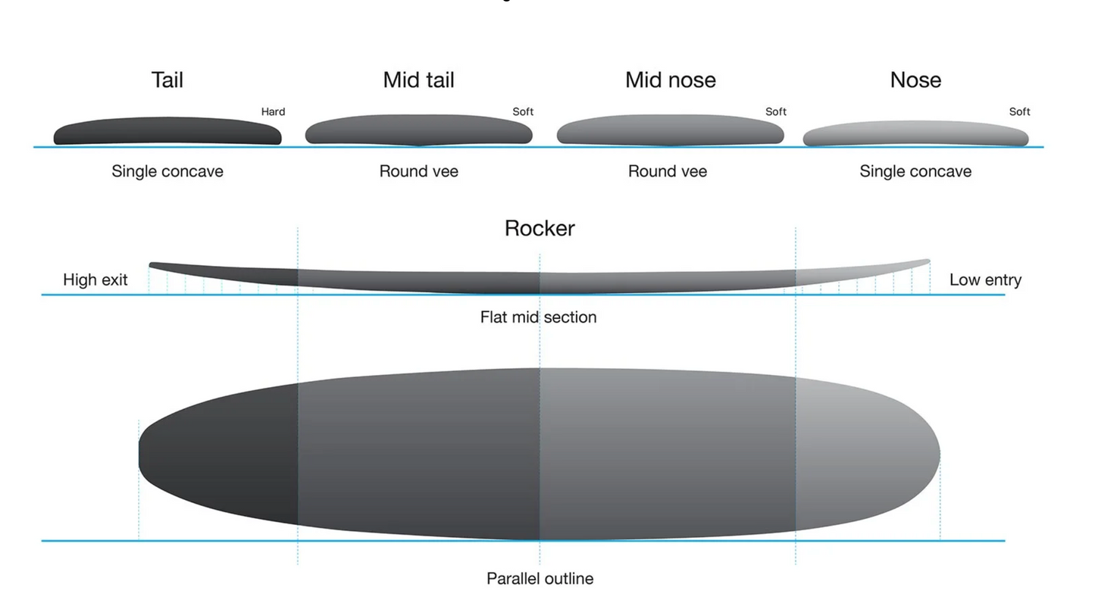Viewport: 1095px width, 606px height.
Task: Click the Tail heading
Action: click(x=167, y=80)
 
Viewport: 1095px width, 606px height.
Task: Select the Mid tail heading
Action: click(x=418, y=80)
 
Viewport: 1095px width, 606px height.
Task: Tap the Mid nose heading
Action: click(x=670, y=80)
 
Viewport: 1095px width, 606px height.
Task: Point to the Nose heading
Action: click(x=915, y=80)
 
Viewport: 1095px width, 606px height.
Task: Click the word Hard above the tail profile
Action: click(x=273, y=112)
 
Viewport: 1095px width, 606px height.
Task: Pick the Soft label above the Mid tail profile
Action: click(x=523, y=112)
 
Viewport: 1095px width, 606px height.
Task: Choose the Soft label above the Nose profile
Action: click(x=1019, y=112)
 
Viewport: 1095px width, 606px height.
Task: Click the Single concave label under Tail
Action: click(x=167, y=171)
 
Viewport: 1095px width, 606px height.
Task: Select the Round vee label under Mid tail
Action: click(x=418, y=171)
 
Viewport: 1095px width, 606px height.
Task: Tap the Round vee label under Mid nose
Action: click(x=668, y=171)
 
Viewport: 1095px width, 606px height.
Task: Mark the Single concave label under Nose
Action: click(x=915, y=171)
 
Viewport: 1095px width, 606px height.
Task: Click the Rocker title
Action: click(x=540, y=228)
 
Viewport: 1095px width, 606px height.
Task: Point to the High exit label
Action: click(x=95, y=280)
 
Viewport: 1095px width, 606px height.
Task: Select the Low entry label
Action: click(x=985, y=280)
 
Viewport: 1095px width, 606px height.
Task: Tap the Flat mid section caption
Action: click(x=538, y=317)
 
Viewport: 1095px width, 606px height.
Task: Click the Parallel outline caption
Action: click(x=540, y=579)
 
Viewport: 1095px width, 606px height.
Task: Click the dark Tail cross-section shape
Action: click(x=167, y=131)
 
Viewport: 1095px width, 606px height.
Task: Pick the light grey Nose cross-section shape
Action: click(x=915, y=134)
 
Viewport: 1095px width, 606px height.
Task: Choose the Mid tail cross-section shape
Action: click(x=418, y=130)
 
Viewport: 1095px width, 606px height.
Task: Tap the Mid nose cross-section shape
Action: click(x=670, y=130)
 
